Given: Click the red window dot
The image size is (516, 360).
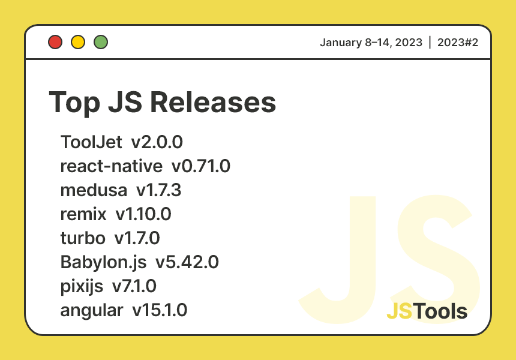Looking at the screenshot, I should click(x=56, y=42).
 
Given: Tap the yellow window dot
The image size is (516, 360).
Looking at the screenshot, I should click(x=78, y=42).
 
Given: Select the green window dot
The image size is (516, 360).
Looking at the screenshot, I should click(x=101, y=42).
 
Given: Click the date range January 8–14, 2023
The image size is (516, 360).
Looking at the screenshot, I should click(x=371, y=43).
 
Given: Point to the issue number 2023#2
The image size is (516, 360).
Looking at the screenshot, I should click(x=457, y=43).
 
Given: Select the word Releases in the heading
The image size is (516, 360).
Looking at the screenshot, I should click(x=213, y=102).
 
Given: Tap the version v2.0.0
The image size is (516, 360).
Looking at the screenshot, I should click(x=157, y=142).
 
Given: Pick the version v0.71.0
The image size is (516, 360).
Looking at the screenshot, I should click(x=201, y=166).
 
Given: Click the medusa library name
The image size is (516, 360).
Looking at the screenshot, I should click(x=94, y=190).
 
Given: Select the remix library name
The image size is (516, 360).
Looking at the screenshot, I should click(x=83, y=214).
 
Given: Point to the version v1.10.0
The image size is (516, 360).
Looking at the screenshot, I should click(x=148, y=214).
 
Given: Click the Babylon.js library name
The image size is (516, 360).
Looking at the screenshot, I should click(x=103, y=262).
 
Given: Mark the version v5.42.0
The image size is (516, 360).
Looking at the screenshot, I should click(x=187, y=262).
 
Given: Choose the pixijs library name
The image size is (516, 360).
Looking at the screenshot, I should click(x=82, y=286).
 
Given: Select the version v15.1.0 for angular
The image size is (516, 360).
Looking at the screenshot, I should click(x=160, y=310).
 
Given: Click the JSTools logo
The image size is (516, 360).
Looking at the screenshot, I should click(x=427, y=311).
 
